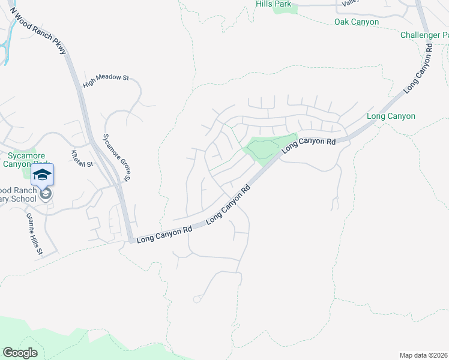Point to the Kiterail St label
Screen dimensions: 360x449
[83, 159]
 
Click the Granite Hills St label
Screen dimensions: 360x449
[34, 234]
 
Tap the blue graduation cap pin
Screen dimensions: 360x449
[42, 175]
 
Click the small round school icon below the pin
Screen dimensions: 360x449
[45, 194]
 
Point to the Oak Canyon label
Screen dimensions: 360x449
[357, 22]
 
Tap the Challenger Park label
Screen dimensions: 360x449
[424, 35]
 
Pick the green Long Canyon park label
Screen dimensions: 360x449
[390, 116]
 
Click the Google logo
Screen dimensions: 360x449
[20, 353]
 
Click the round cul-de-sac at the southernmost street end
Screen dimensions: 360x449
[196, 298]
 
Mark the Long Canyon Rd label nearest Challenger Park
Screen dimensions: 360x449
[418, 67]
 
